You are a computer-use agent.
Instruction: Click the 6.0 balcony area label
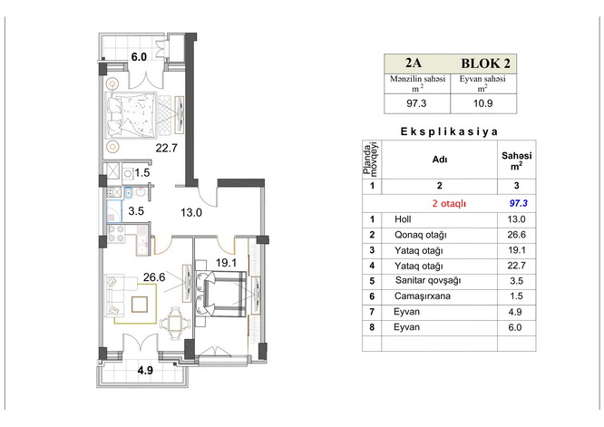139,57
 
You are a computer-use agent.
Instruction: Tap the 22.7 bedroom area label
166,148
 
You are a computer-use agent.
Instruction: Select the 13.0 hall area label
191,212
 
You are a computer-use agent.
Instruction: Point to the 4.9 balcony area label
145,371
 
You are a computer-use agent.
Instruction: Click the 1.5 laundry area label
142,173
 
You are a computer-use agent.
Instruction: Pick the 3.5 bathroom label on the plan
136,211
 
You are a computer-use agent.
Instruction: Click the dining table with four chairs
175,323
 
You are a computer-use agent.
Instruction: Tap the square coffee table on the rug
140,304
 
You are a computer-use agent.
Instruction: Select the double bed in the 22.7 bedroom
132,114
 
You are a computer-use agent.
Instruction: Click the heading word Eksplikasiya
449,131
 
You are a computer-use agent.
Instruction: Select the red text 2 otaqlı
449,204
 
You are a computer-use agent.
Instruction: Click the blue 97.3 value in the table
518,203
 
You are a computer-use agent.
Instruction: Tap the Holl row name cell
403,219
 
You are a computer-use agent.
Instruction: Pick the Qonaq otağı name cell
420,235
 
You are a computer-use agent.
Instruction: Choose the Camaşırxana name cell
423,296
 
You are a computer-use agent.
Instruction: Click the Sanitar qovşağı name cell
428,281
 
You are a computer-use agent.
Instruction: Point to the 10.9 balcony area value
483,103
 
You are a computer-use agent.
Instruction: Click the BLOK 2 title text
486,63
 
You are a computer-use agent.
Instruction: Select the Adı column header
440,160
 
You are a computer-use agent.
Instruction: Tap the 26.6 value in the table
517,235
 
